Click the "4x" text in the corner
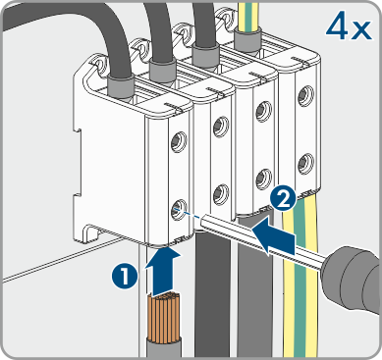click(x=349, y=27)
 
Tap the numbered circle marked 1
click(x=124, y=278)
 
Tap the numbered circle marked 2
click(x=283, y=200)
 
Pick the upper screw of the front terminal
click(x=178, y=141)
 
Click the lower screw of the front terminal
click(x=178, y=209)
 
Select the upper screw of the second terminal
click(x=221, y=127)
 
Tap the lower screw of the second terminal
click(x=220, y=194)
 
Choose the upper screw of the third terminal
click(x=263, y=111)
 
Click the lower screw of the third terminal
click(x=263, y=179)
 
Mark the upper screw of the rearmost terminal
click(x=306, y=95)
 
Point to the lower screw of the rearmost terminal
click(x=306, y=163)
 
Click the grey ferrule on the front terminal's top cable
click(x=121, y=86)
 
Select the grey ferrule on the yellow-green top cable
click(x=246, y=39)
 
